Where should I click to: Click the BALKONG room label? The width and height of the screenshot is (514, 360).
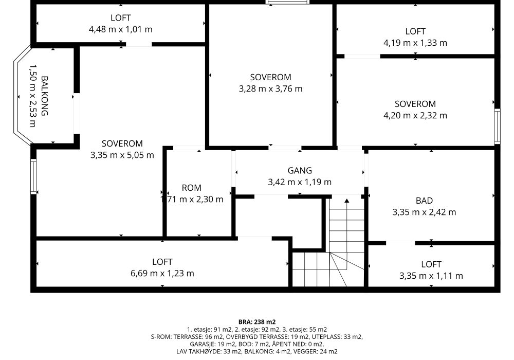pos(45,96)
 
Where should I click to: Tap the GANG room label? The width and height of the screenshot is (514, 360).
pos(300,171)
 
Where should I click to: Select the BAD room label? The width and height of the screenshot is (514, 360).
pos(424,201)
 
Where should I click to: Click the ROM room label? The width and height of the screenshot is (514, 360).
pos(191,188)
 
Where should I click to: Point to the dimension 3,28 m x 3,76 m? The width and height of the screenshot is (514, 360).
pos(270,89)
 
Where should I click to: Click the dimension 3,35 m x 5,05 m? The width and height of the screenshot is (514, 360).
pos(122,155)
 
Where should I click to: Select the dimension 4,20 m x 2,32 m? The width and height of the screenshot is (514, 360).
pos(415,115)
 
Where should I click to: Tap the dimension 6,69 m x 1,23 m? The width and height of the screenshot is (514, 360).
pos(162,274)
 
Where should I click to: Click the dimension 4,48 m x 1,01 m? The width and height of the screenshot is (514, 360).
pos(121,29)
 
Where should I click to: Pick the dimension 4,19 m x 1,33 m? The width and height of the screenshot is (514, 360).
pos(415,43)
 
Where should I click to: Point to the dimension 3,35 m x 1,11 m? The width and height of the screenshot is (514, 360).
pos(431,276)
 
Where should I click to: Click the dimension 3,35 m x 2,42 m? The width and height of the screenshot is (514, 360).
pos(424,212)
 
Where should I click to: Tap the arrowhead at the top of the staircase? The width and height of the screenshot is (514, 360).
pos(347,201)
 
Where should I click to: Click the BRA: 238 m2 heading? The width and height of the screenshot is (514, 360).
pos(257,322)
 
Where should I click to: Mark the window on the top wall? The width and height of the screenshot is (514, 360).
pos(288,2)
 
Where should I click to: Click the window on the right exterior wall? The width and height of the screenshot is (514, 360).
pos(497,126)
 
